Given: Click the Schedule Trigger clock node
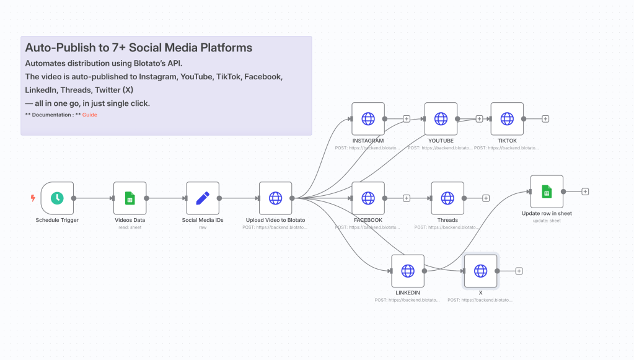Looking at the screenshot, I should pyautogui.click(x=57, y=198).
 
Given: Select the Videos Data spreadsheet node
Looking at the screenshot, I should pyautogui.click(x=130, y=198).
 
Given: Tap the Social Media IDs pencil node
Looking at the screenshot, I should pyautogui.click(x=203, y=198).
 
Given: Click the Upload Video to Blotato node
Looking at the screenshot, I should pyautogui.click(x=275, y=198).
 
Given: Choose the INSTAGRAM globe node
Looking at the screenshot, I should pyautogui.click(x=368, y=118).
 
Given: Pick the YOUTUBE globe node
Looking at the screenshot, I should pyautogui.click(x=441, y=118).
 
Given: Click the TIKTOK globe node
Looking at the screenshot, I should pyautogui.click(x=507, y=118).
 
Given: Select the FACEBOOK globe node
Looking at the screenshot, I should pyautogui.click(x=368, y=198).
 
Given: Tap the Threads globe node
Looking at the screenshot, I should pyautogui.click(x=447, y=198).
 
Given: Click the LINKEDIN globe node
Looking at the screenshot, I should pyautogui.click(x=408, y=271).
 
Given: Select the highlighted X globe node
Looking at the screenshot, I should pyautogui.click(x=480, y=271).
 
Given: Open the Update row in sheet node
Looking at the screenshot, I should pyautogui.click(x=547, y=191).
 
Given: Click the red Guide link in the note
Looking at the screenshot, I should pyautogui.click(x=90, y=115).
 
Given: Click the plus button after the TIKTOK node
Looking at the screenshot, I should pyautogui.click(x=545, y=118).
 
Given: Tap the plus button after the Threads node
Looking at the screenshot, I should pyautogui.click(x=486, y=198).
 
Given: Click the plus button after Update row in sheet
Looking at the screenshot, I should pyautogui.click(x=585, y=191).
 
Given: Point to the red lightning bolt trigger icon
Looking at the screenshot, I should pyautogui.click(x=33, y=198).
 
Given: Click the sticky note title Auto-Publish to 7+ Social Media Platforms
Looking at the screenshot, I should pyautogui.click(x=138, y=47).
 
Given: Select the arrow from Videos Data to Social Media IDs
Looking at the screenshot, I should pyautogui.click(x=166, y=198).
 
